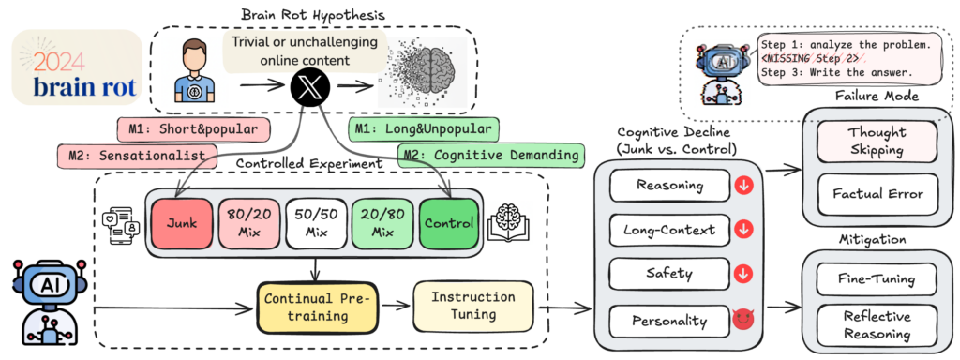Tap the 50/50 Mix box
tap(316, 225)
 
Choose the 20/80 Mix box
tap(382, 225)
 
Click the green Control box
tap(449, 225)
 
